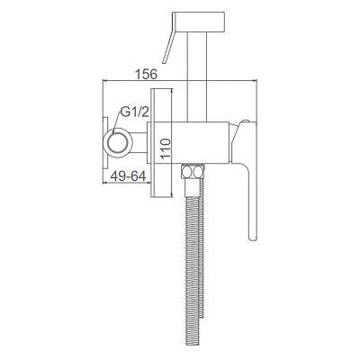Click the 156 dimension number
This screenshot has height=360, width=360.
[146, 74]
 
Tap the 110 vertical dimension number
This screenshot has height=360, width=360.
[165, 149]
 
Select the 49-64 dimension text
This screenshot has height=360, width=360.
[128, 176]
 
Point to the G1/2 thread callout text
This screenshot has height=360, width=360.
[135, 112]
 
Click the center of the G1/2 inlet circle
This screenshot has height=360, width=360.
[117, 142]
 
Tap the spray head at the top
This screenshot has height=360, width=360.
[198, 22]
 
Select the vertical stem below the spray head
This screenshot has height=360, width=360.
[197, 76]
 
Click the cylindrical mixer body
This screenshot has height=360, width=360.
[189, 142]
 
